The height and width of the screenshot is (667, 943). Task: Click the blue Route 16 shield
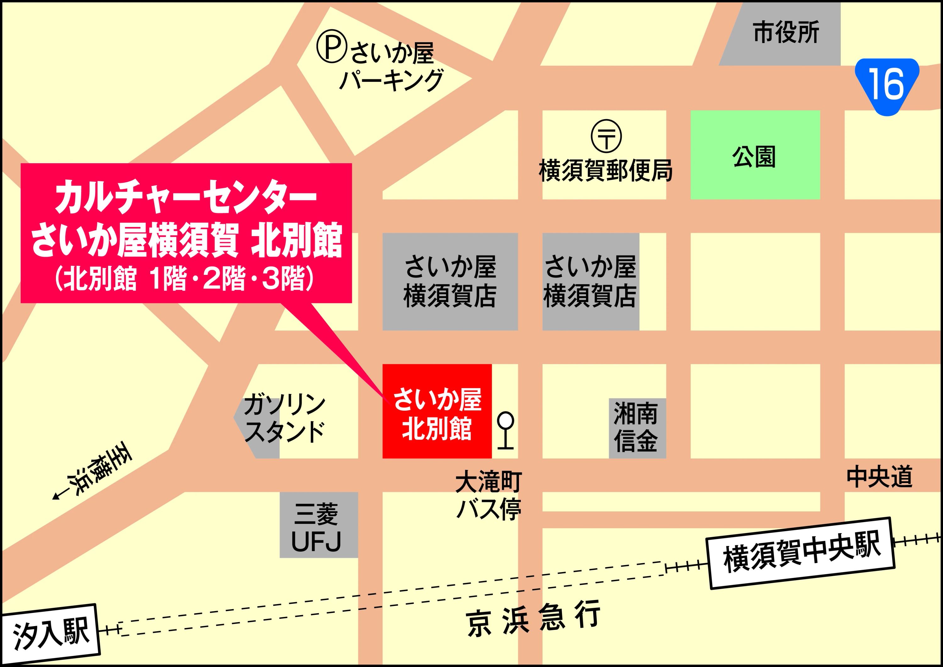pyautogui.click(x=887, y=86)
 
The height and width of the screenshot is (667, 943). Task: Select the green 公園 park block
pyautogui.click(x=755, y=155)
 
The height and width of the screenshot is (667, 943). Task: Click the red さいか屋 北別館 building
pyautogui.click(x=437, y=411)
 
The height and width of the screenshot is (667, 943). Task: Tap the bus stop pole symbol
pyautogui.click(x=505, y=430)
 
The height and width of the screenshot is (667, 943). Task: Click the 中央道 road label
pyautogui.click(x=879, y=476)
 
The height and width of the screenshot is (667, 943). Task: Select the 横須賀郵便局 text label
pyautogui.click(x=605, y=170)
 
